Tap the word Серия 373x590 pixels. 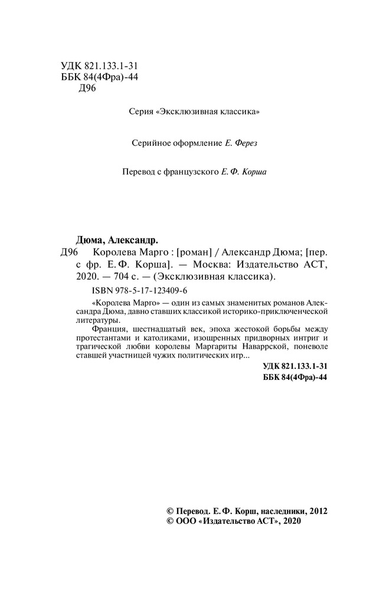(142, 112)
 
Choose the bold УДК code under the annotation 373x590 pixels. (294, 366)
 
